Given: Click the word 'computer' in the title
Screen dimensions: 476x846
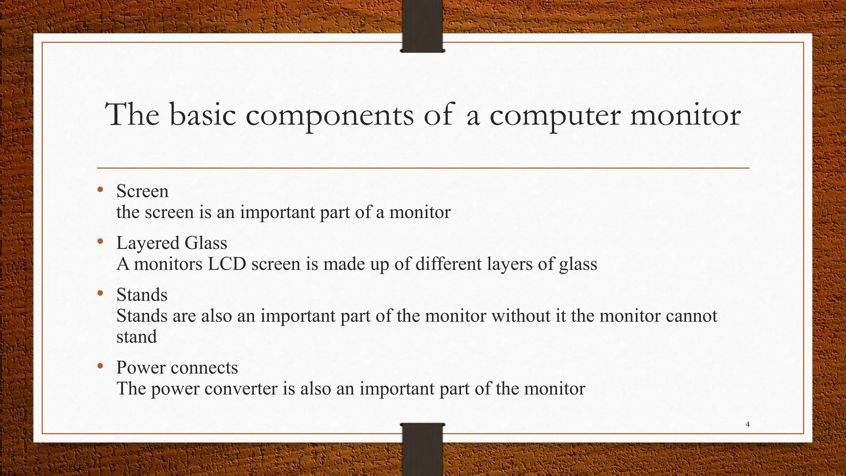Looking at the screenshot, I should tap(555, 116).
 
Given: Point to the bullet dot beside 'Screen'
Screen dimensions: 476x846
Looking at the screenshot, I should tap(100, 190).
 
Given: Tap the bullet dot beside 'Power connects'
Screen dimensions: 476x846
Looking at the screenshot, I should tap(100, 366).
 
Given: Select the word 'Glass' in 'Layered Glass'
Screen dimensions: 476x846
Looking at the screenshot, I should tap(206, 243).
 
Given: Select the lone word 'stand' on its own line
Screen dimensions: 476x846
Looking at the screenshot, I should tap(137, 337).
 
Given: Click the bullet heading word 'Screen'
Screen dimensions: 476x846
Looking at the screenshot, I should tap(143, 191).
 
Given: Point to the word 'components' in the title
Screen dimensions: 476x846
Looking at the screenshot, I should tap(330, 116).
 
